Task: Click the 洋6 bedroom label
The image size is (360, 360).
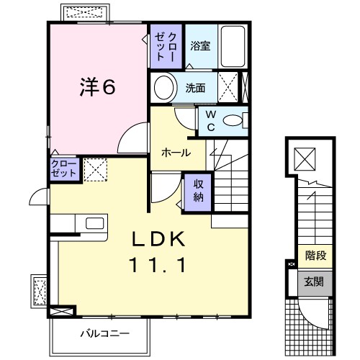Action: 96,88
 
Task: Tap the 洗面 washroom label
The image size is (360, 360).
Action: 196,89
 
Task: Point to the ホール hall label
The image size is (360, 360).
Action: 176,153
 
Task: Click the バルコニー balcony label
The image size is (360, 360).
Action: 104,333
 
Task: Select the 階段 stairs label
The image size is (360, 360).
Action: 315,255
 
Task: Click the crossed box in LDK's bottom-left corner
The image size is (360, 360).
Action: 63,312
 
